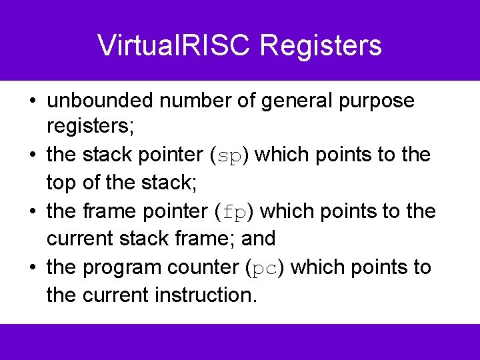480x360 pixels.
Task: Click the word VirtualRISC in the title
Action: pyautogui.click(x=175, y=45)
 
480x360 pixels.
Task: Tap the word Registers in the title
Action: pyautogui.click(x=321, y=45)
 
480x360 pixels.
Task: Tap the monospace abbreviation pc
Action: pyautogui.click(x=265, y=268)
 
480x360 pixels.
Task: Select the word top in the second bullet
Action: pyautogui.click(x=59, y=183)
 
